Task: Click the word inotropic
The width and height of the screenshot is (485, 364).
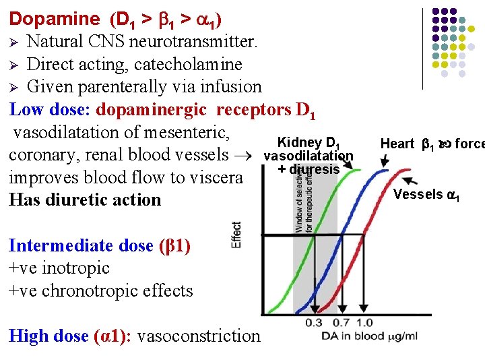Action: pyautogui.click(x=76, y=268)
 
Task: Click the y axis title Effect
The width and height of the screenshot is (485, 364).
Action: pyautogui.click(x=236, y=235)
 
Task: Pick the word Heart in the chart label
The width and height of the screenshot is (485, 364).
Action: pyautogui.click(x=397, y=144)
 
